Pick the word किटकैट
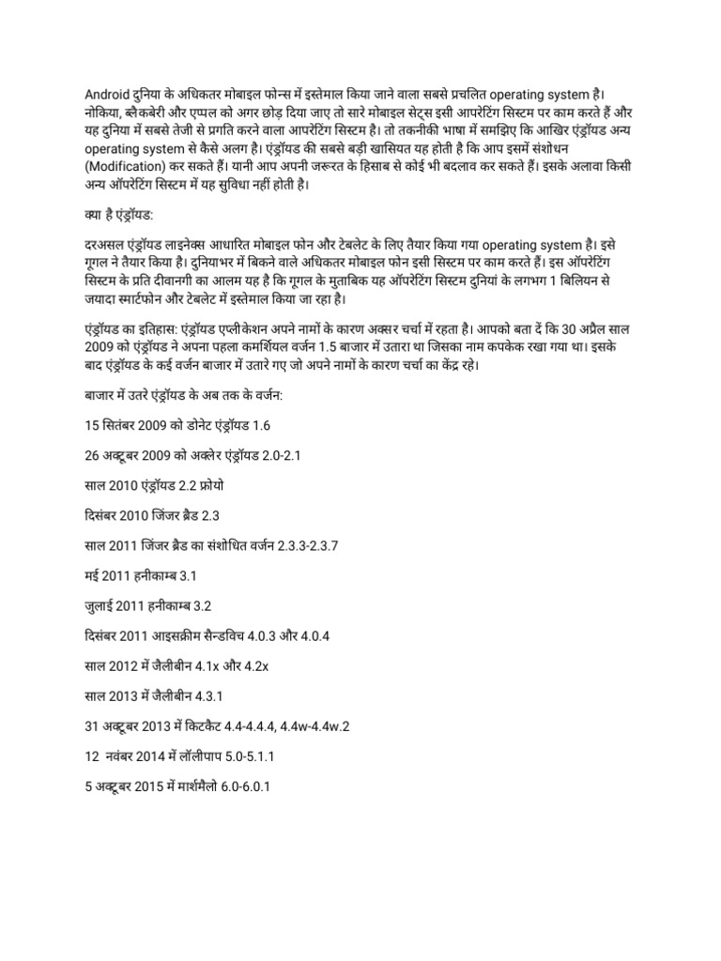[x=219, y=725]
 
